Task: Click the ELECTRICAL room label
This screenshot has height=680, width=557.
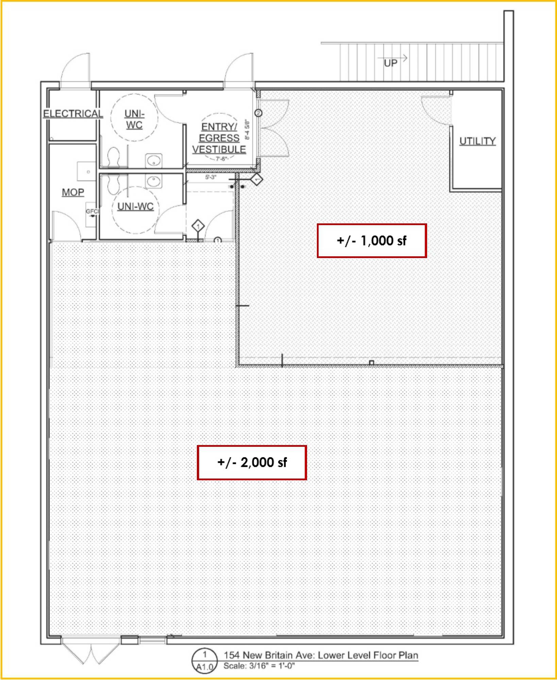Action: [73, 114]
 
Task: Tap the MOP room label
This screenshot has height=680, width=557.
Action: [73, 192]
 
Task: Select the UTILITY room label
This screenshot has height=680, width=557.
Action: [477, 141]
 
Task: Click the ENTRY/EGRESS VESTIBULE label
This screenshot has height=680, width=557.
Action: [219, 138]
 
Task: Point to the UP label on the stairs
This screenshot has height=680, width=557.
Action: [390, 63]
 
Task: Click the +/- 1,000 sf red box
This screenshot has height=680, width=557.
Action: [372, 241]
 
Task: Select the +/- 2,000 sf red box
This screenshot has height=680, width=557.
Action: [252, 462]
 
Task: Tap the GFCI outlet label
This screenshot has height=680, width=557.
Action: [92, 211]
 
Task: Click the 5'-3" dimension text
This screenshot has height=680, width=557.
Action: [211, 177]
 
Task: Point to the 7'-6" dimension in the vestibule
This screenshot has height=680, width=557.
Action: [221, 159]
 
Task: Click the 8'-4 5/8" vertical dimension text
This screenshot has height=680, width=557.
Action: [247, 130]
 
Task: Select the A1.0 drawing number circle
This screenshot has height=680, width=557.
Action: [204, 661]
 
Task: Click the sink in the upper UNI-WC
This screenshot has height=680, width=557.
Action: [154, 160]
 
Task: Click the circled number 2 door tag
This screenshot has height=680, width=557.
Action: [258, 113]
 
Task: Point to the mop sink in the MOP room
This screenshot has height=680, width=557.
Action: [86, 171]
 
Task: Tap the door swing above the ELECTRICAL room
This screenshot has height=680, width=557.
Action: [75, 68]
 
